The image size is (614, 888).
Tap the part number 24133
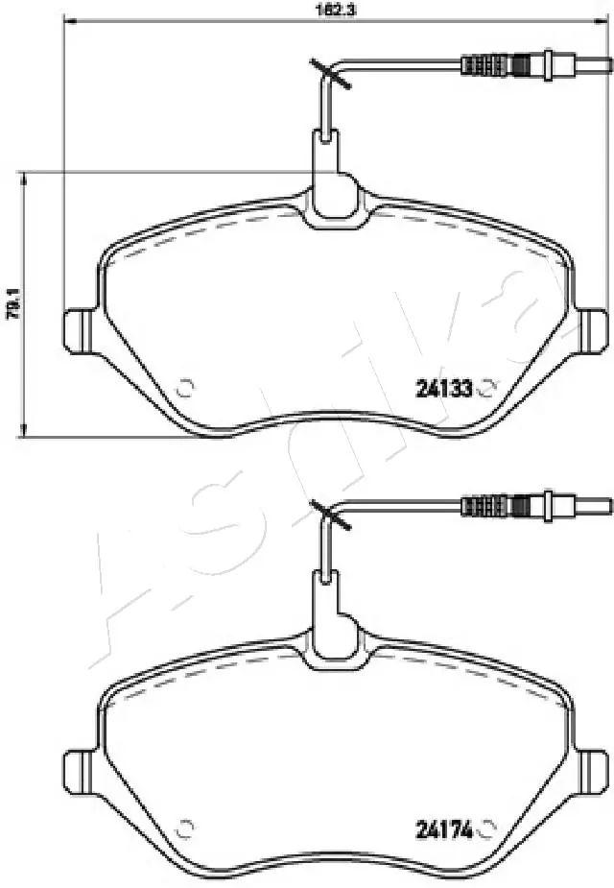coord(444,389)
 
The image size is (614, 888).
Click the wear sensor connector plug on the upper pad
coord(495,65)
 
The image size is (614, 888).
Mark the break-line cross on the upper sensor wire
coord(327,74)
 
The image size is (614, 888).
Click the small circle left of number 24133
coord(187,388)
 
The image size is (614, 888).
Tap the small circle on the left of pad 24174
coord(187,827)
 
